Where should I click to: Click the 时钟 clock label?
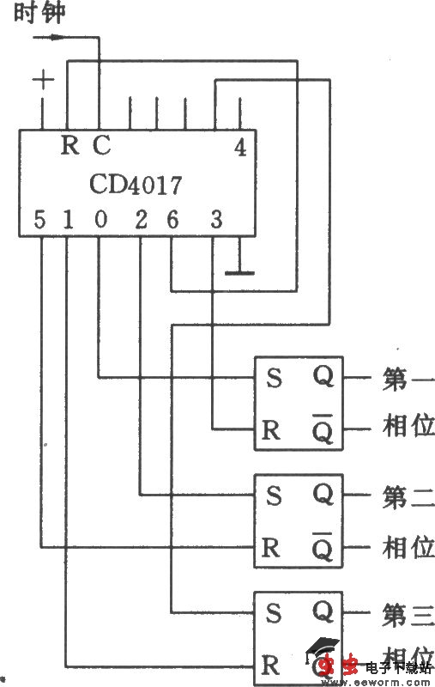coord(39,13)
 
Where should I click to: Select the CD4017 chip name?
coord(136,184)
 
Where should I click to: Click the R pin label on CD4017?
coord(69,145)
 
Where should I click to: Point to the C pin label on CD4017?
coord(100,145)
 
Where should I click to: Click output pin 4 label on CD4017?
coord(240,147)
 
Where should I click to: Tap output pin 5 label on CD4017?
coord(39,220)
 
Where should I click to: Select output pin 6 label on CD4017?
coord(172,220)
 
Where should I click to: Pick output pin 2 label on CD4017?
coord(141,220)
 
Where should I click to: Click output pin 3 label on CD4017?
coord(215,220)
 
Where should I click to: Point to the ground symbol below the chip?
coord(239,272)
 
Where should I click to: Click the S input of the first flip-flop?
coord(274,379)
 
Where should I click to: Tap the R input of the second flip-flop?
coord(271,547)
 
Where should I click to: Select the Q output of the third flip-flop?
coord(323,611)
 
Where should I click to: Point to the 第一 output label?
coord(408,379)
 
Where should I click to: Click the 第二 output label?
coord(408,496)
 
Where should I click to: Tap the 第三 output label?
coord(408,613)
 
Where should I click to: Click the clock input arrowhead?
coord(57,37)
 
